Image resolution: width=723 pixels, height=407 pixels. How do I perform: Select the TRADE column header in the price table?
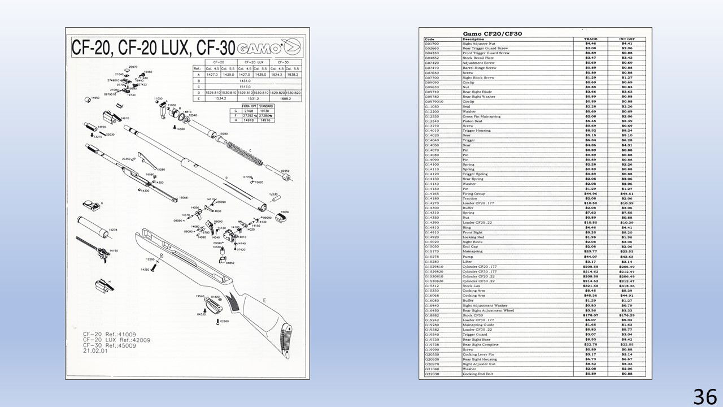pyautogui.click(x=590, y=39)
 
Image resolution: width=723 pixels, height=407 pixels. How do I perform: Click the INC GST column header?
pyautogui.click(x=626, y=39)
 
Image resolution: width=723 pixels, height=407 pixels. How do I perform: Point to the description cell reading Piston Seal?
pyautogui.click(x=473, y=120)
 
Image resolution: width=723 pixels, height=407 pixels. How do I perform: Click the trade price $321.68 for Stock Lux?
pyautogui.click(x=590, y=286)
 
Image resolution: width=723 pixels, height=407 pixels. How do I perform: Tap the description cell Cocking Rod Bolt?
pyautogui.click(x=477, y=374)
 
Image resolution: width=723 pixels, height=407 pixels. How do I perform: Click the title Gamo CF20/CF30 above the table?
pyautogui.click(x=492, y=34)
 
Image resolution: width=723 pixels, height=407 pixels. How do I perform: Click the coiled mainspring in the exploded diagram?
pyautogui.click(x=243, y=155)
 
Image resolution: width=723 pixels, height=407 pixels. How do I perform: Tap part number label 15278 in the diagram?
pyautogui.click(x=112, y=230)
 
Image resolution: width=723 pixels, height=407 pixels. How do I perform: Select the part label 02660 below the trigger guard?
pyautogui.click(x=224, y=321)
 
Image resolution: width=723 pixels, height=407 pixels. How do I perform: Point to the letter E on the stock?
pyautogui.click(x=264, y=299)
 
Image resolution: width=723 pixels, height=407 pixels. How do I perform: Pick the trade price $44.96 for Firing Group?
pyautogui.click(x=590, y=194)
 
